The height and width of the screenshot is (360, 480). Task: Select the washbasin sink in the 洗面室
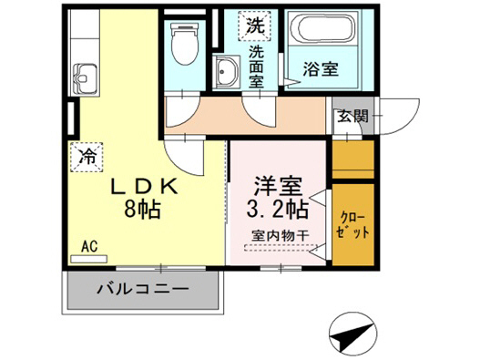click(x=224, y=72)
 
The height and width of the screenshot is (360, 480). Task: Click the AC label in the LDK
click(x=89, y=246)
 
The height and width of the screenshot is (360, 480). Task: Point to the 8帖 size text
click(x=144, y=211)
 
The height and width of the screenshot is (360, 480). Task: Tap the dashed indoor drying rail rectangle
click(x=277, y=248)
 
